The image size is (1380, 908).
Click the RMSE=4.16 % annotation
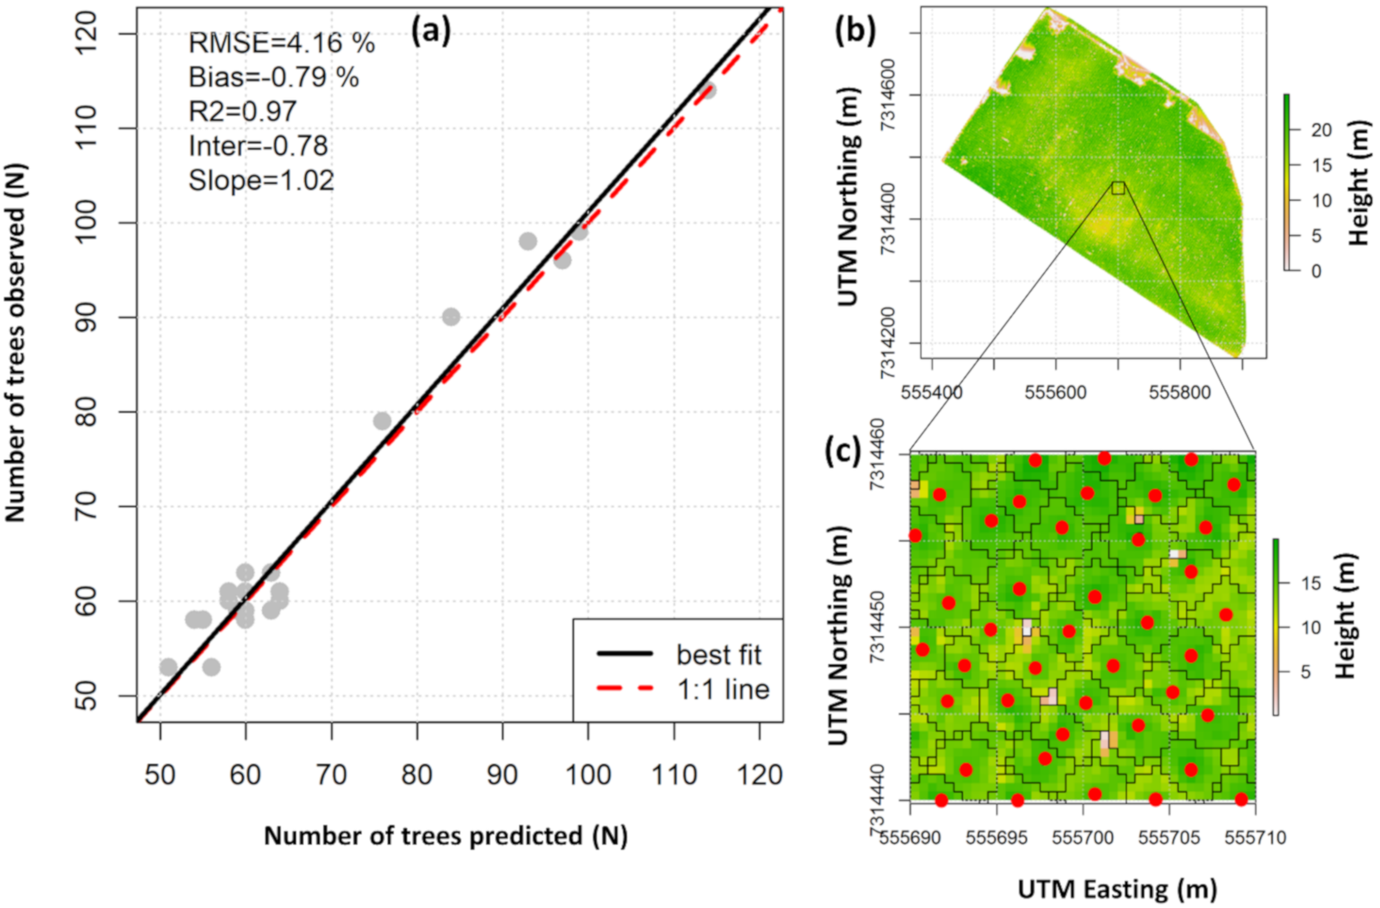pyautogui.click(x=281, y=43)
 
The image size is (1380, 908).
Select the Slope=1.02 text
pyautogui.click(x=261, y=180)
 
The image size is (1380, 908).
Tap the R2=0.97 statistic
pyautogui.click(x=242, y=111)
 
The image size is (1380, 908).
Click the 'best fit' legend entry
pyautogui.click(x=717, y=655)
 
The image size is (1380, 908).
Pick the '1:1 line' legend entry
pyautogui.click(x=722, y=690)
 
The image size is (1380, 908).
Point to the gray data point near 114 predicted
pyautogui.click(x=708, y=91)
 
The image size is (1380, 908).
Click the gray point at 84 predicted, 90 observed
pyautogui.click(x=451, y=317)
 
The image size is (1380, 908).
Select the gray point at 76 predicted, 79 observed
pyautogui.click(x=382, y=421)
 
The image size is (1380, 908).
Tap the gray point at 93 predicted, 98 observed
pyautogui.click(x=528, y=241)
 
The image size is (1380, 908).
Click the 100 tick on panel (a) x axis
pyautogui.click(x=588, y=775)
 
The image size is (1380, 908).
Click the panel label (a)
pyautogui.click(x=431, y=32)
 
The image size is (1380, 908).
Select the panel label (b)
pyautogui.click(x=855, y=30)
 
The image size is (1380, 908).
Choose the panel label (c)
pyautogui.click(x=843, y=451)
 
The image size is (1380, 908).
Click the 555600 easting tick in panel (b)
pyautogui.click(x=1055, y=392)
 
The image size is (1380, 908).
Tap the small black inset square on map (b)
pyautogui.click(x=1118, y=188)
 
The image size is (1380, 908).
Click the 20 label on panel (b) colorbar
pyautogui.click(x=1321, y=130)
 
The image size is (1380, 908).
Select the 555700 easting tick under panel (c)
pyautogui.click(x=1083, y=838)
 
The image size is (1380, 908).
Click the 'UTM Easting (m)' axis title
pyautogui.click(x=1117, y=889)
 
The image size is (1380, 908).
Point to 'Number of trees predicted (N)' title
pyautogui.click(x=446, y=836)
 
